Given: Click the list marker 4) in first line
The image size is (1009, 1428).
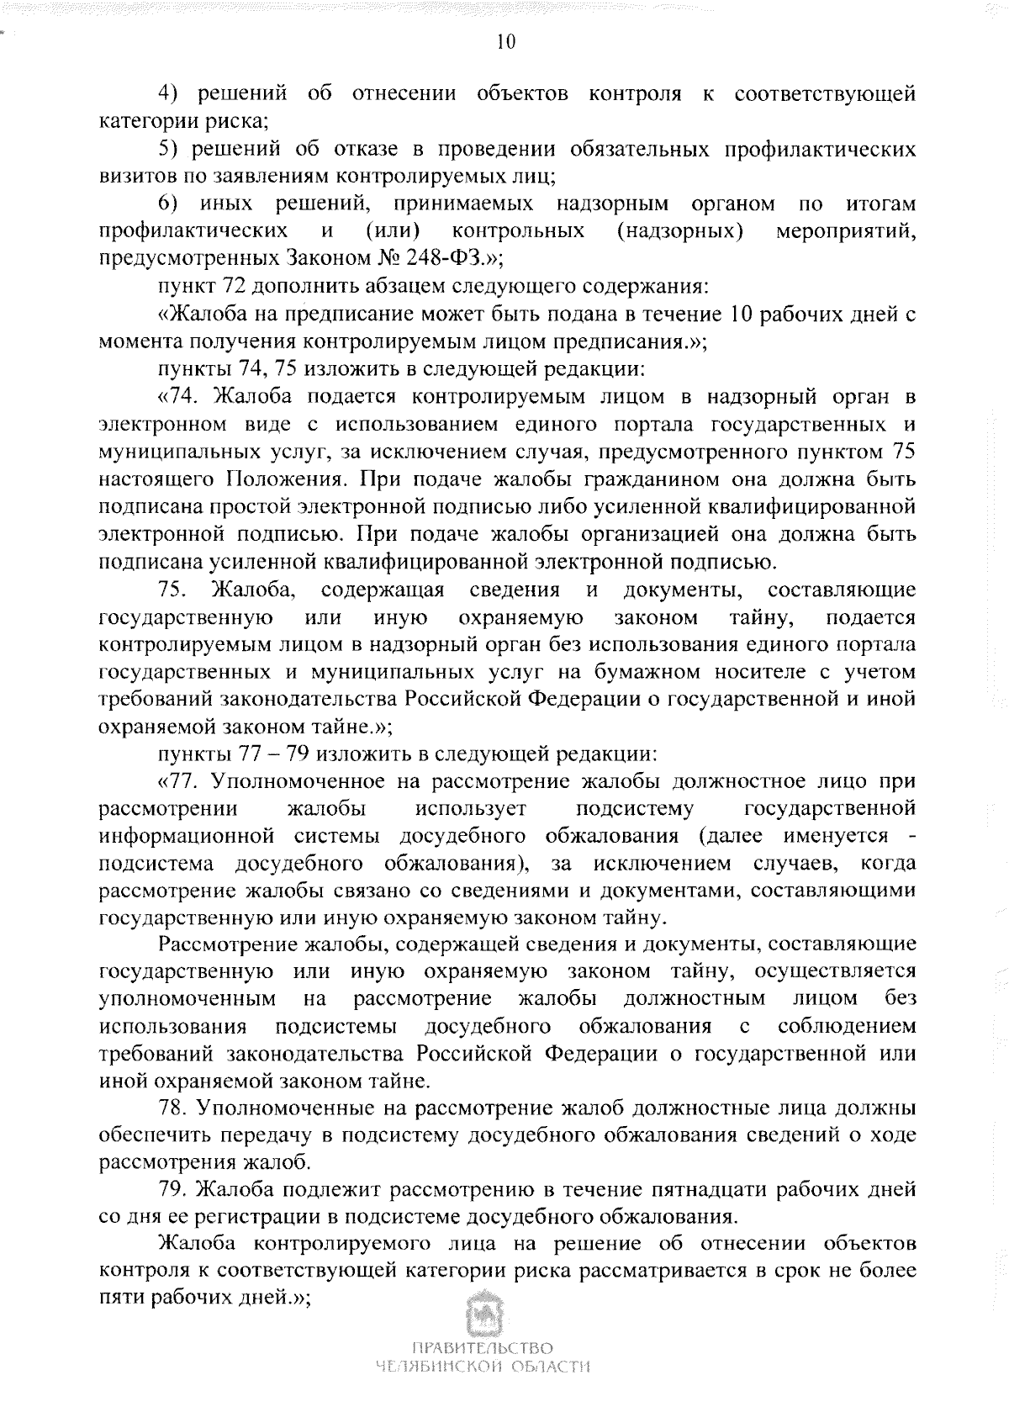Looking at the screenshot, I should (x=172, y=93).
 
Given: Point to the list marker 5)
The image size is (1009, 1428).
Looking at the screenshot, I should (x=172, y=149).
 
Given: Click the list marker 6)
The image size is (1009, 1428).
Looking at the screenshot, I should (x=172, y=204).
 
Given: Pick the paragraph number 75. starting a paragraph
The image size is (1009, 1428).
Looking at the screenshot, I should (x=174, y=590).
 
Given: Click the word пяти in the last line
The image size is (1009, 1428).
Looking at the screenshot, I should (x=122, y=1299).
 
